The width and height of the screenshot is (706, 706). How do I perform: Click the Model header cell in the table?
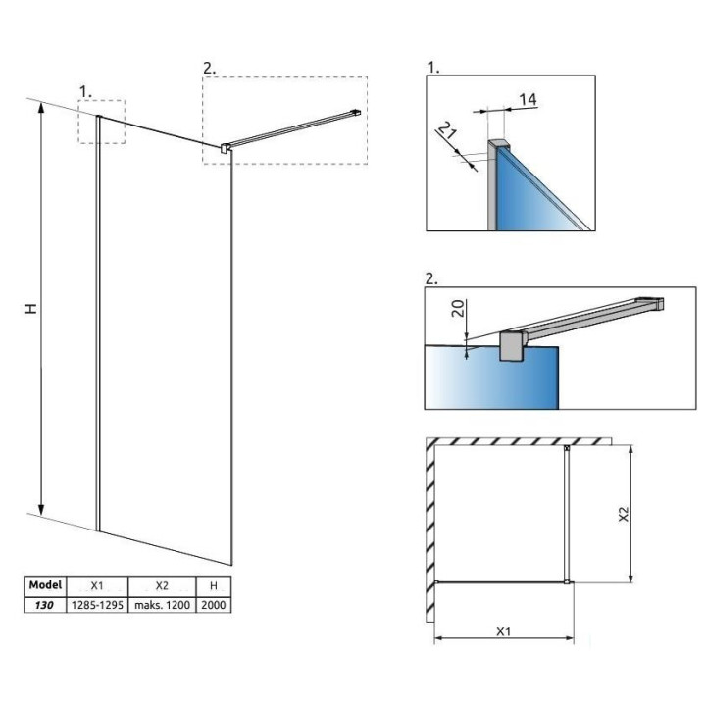tap(45, 585)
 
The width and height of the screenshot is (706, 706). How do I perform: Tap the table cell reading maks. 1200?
tap(163, 605)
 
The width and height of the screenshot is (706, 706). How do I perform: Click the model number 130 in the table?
tap(45, 605)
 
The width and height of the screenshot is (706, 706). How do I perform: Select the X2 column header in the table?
tap(163, 585)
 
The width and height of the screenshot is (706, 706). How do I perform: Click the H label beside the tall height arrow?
tap(30, 308)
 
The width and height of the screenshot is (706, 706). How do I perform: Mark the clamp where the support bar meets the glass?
tap(227, 148)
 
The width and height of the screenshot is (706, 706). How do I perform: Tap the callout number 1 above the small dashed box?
tap(86, 90)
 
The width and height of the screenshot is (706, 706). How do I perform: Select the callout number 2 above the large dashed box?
tap(208, 68)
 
